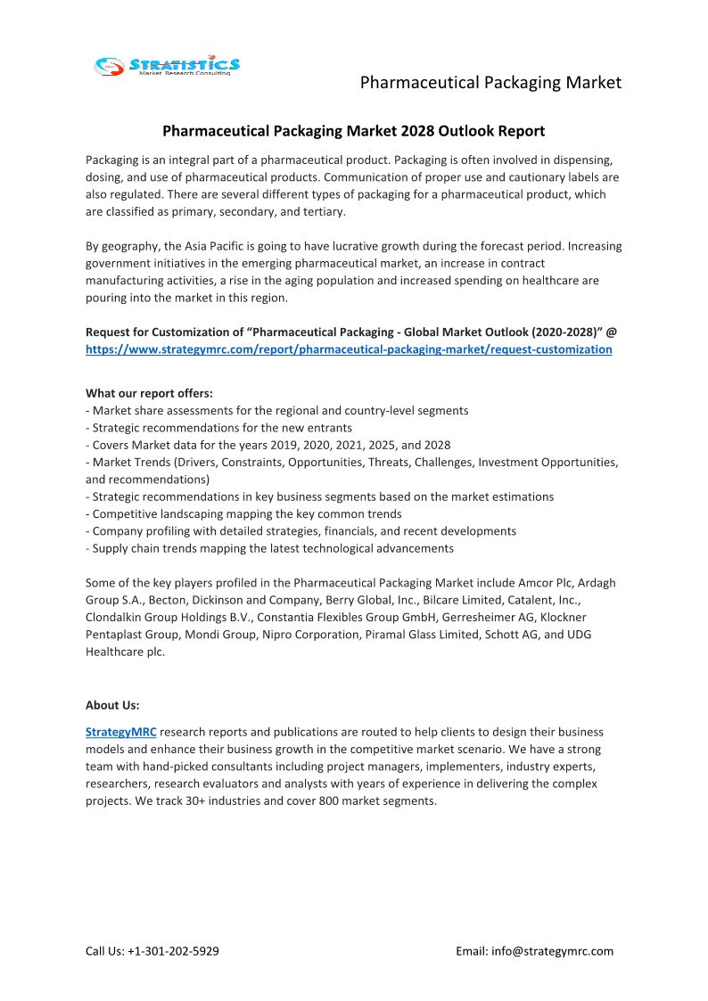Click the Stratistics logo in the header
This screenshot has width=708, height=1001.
pyautogui.click(x=168, y=65)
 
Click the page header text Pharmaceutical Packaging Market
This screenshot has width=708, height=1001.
pyautogui.click(x=490, y=83)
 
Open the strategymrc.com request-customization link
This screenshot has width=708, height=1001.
pyautogui.click(x=349, y=349)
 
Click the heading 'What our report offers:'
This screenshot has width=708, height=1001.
pyautogui.click(x=149, y=393)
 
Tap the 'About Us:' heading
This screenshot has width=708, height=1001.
pyautogui.click(x=112, y=705)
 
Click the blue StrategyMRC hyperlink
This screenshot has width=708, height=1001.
pyautogui.click(x=121, y=732)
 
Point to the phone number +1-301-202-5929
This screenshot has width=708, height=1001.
pyautogui.click(x=174, y=951)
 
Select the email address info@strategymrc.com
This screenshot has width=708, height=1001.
pyautogui.click(x=552, y=951)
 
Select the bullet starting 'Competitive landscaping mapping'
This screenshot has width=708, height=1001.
pyautogui.click(x=247, y=513)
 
